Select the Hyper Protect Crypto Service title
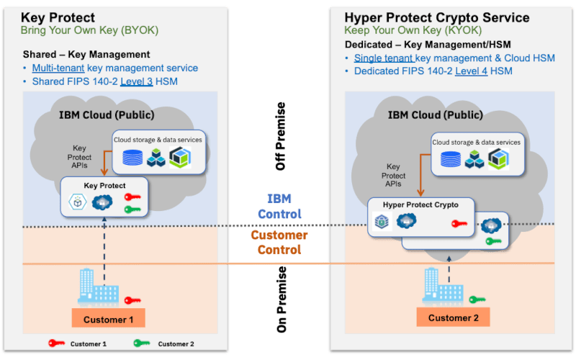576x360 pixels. click(x=436, y=17)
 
